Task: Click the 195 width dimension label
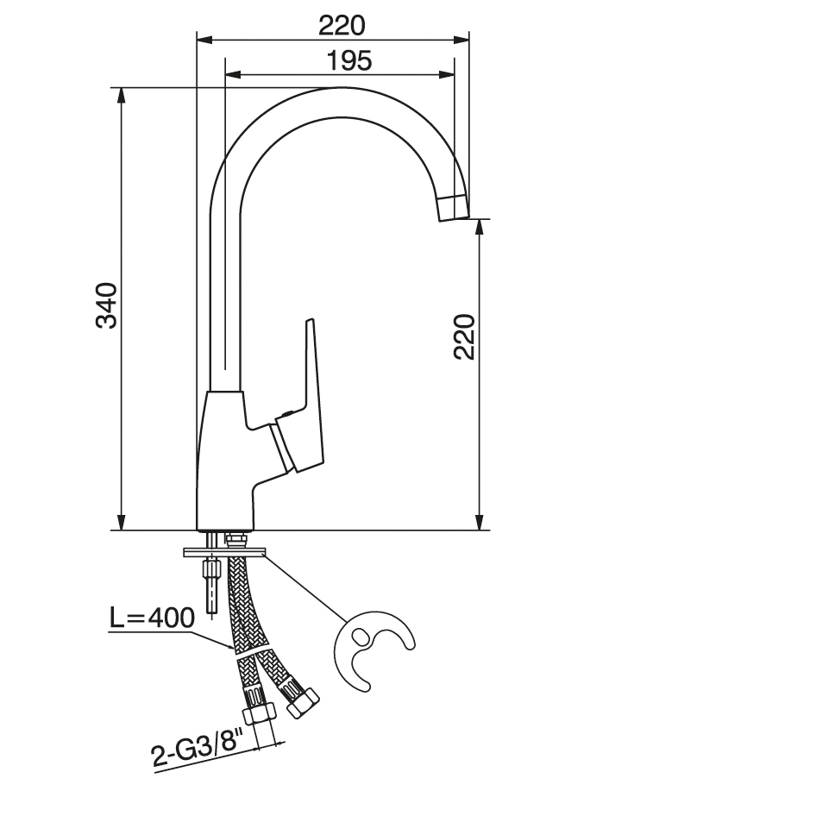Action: point(349,61)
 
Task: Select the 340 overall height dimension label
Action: point(107,305)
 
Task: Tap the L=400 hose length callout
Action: point(152,618)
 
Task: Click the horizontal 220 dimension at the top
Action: point(342,26)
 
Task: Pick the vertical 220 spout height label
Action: point(464,336)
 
